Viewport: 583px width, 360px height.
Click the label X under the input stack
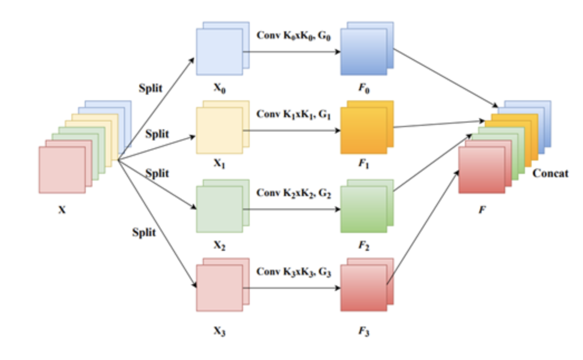[62, 210]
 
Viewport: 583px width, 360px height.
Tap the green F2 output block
[364, 209]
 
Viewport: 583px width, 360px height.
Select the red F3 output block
[364, 288]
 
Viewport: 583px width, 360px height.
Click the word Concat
[550, 173]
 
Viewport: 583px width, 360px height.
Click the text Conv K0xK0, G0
[294, 35]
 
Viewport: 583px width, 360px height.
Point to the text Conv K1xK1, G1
[294, 114]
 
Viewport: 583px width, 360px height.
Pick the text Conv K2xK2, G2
[294, 193]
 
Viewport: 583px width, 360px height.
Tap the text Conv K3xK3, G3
[294, 273]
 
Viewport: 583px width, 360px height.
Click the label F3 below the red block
[364, 333]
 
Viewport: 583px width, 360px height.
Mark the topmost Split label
[150, 88]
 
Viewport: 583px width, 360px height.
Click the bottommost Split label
[144, 232]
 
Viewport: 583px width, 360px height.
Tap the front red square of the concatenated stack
[481, 170]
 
